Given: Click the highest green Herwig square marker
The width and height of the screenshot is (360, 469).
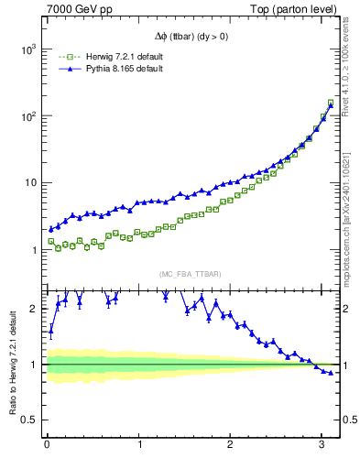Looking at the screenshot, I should point(331,103).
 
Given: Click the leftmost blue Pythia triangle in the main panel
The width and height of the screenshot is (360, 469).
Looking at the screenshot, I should point(51,229).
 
